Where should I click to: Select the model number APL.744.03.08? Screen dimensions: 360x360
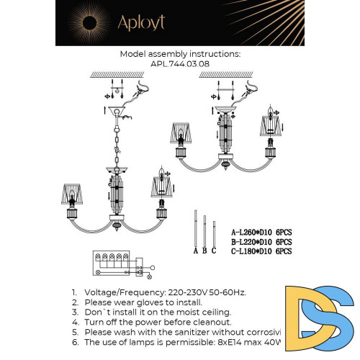[x=180, y=63]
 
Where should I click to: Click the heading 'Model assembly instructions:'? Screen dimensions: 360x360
[x=180, y=54]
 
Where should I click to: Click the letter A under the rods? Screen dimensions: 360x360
[x=195, y=251]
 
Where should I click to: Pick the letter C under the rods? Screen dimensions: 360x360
[x=213, y=251]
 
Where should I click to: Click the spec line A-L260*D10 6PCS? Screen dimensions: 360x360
[x=261, y=233]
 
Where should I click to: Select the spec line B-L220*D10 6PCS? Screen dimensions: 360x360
[x=261, y=242]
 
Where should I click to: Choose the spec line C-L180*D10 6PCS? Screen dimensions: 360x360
[x=261, y=251]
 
